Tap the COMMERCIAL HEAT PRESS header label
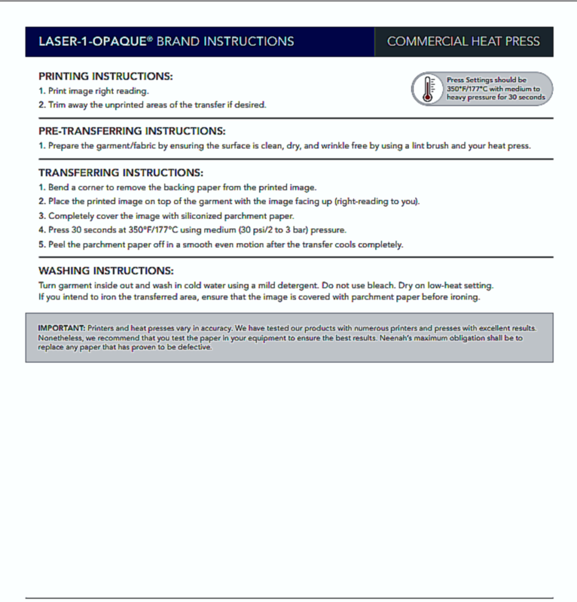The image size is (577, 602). (463, 41)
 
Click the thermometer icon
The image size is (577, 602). (428, 88)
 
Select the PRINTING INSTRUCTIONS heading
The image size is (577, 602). (105, 77)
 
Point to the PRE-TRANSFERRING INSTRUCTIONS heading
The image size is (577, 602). (132, 131)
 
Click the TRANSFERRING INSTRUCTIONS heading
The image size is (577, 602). (121, 172)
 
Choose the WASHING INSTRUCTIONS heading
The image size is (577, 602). (106, 270)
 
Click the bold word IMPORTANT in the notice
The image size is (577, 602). (61, 329)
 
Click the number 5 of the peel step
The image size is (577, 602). (41, 245)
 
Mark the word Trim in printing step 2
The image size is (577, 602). (58, 105)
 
